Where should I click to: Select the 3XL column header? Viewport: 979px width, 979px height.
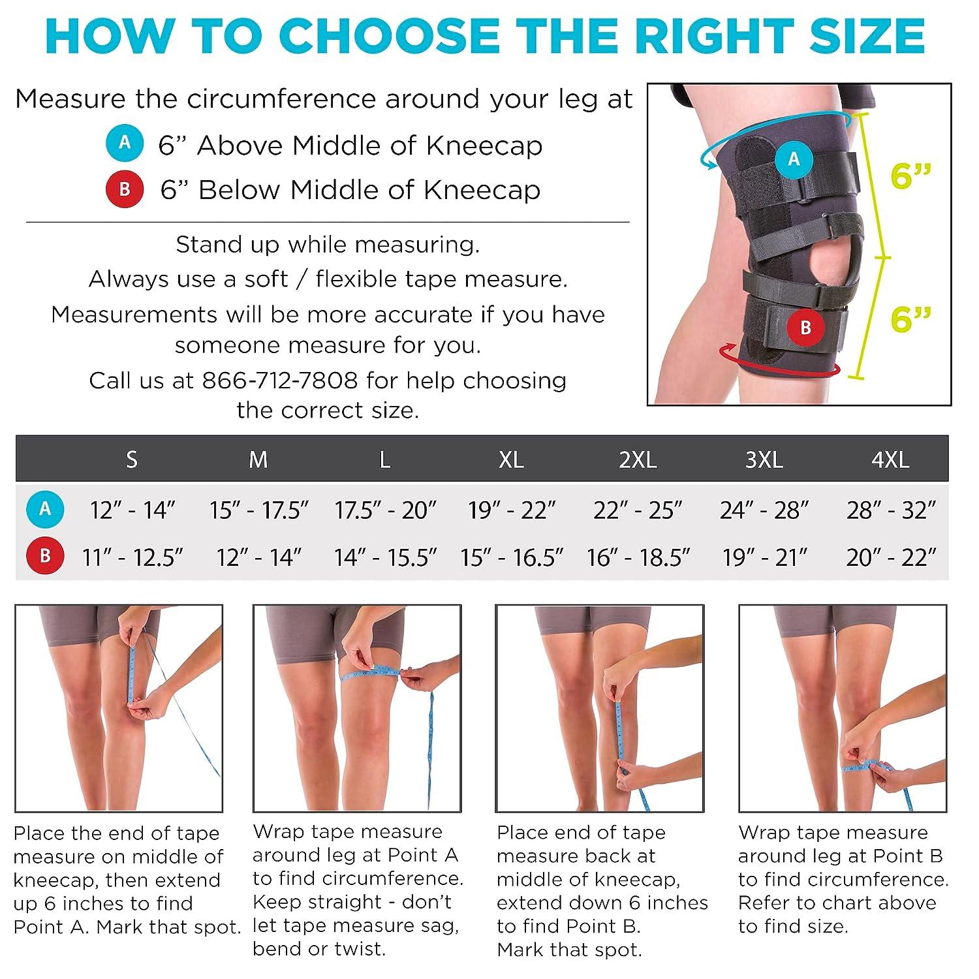[x=764, y=459]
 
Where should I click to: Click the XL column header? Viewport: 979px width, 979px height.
[x=511, y=459]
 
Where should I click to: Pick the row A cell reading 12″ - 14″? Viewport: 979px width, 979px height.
[x=132, y=510]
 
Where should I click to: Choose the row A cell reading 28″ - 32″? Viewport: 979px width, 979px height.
[x=891, y=510]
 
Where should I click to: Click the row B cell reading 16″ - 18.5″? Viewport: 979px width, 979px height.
[x=638, y=557]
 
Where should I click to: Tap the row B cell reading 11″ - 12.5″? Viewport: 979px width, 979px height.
[x=132, y=557]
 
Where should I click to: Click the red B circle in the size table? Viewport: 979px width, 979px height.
[x=45, y=556]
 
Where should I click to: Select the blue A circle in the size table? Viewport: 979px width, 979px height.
[x=45, y=509]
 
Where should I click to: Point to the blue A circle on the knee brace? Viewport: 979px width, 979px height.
[x=794, y=159]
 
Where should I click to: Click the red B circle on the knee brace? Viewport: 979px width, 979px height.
[x=805, y=327]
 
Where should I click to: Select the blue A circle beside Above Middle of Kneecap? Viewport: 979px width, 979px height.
[x=125, y=143]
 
